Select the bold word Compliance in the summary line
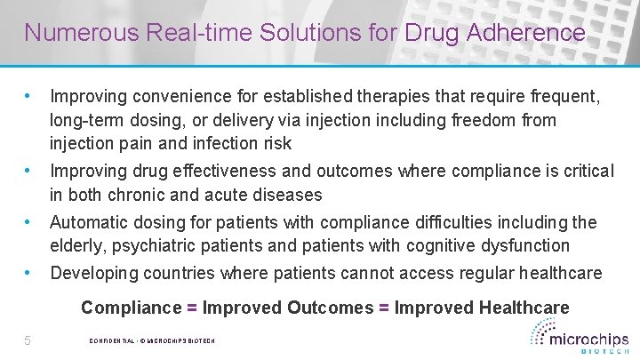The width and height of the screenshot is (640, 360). [131, 308]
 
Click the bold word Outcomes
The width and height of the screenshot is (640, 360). [331, 308]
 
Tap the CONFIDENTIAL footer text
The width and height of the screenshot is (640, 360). [110, 341]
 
